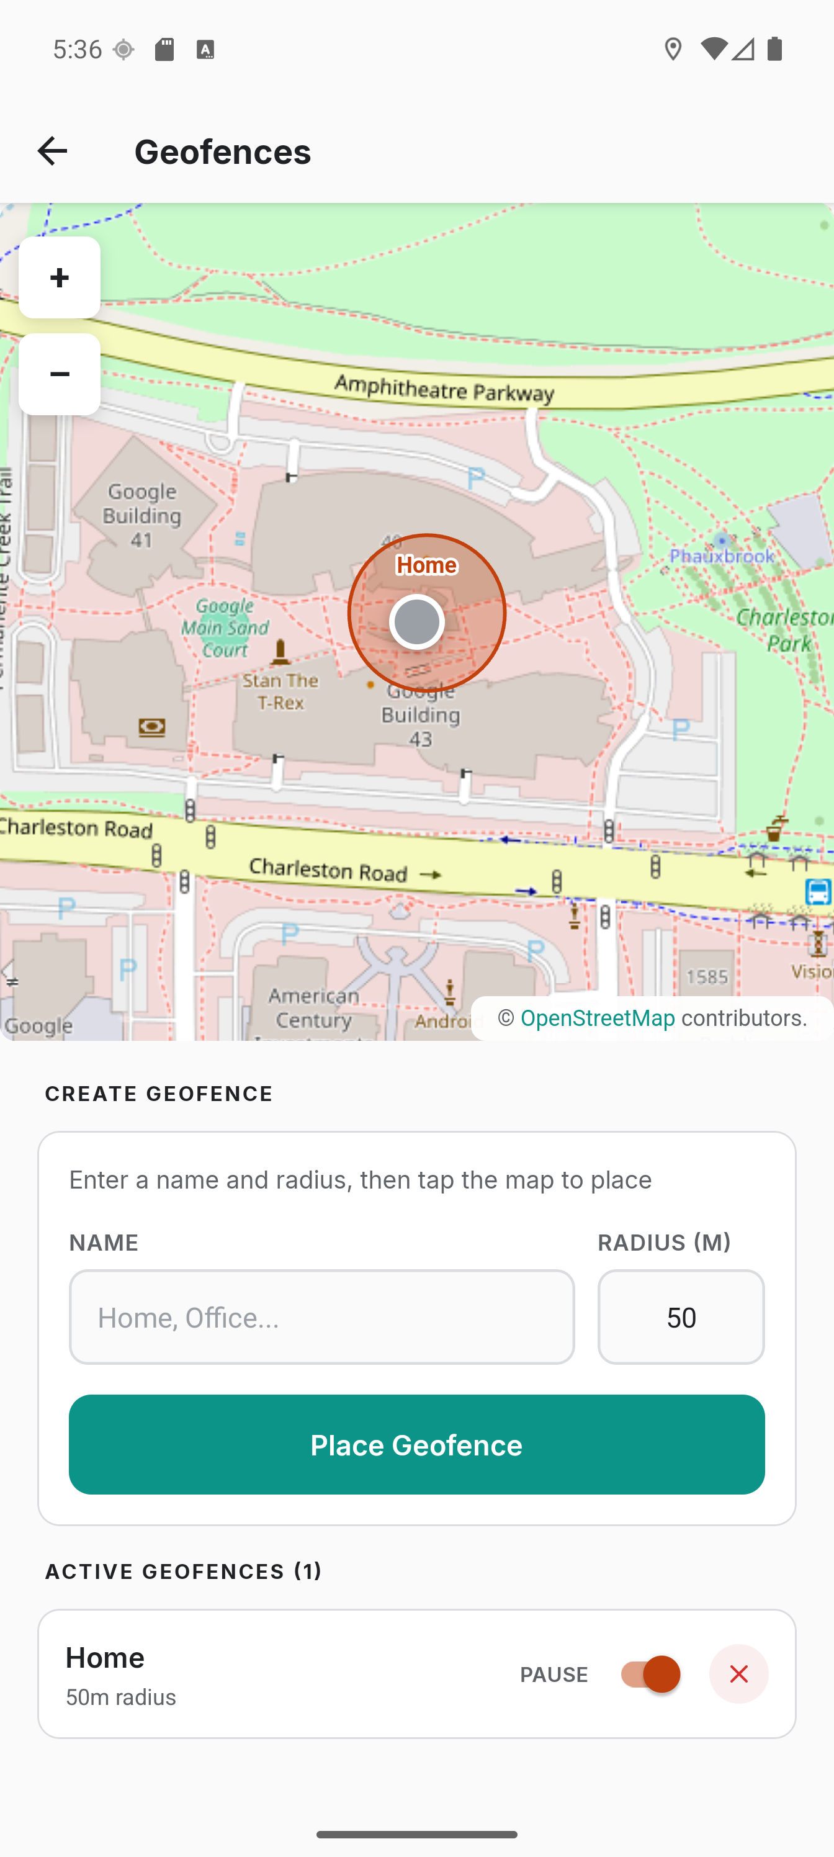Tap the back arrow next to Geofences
(x=52, y=151)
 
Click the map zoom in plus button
(x=59, y=277)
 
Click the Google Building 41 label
(x=141, y=515)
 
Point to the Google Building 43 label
(x=421, y=715)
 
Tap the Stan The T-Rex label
(x=280, y=691)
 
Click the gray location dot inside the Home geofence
(x=416, y=621)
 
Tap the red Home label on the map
(x=427, y=565)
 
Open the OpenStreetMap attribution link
(x=598, y=1018)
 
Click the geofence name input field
(x=321, y=1317)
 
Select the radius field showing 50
(x=681, y=1317)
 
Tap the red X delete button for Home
(x=738, y=1674)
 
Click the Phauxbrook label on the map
(x=722, y=556)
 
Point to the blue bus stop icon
(x=818, y=892)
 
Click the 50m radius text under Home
(x=121, y=1697)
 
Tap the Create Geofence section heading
(x=159, y=1094)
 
